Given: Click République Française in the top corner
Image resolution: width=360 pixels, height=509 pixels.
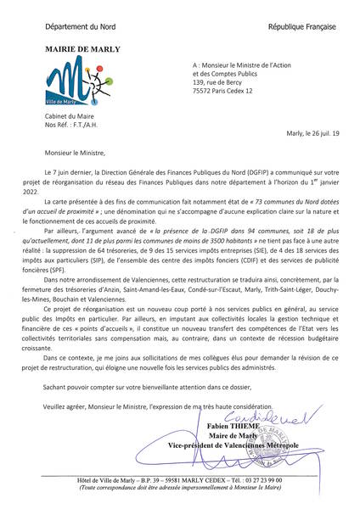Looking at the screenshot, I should [297, 28].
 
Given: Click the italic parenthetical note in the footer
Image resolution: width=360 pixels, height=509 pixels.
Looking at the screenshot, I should [180, 489].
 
